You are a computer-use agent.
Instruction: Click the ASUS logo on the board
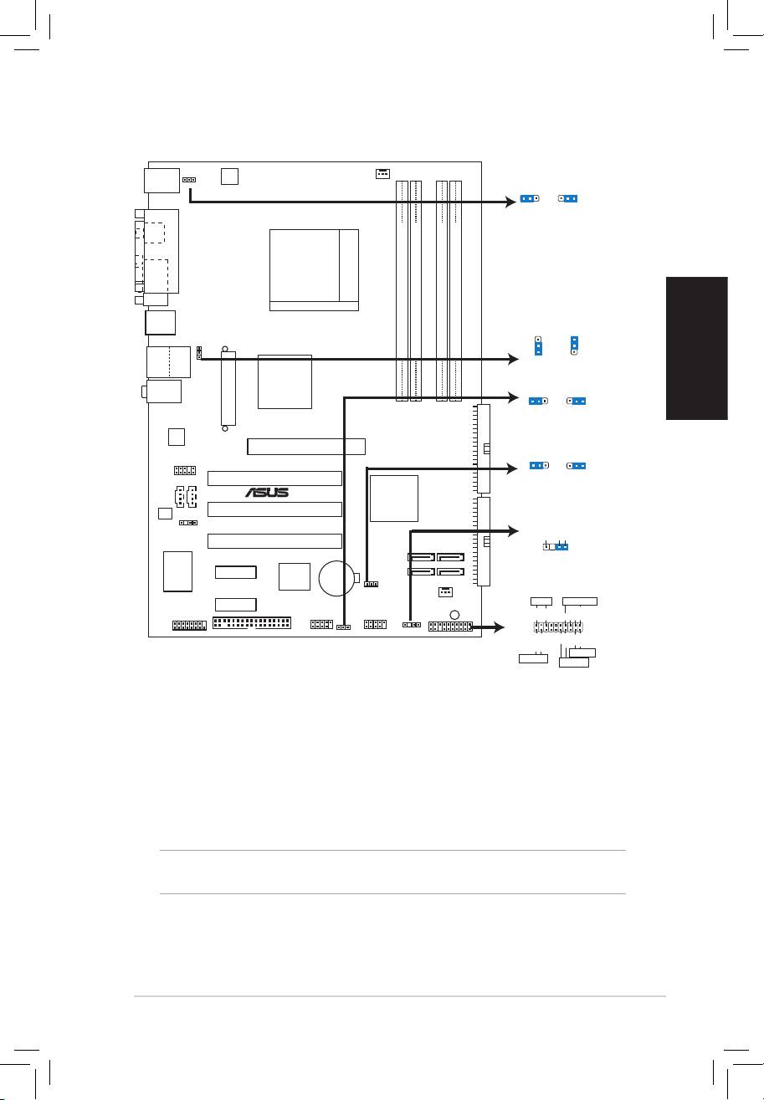tap(267, 492)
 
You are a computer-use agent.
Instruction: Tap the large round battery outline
tap(336, 578)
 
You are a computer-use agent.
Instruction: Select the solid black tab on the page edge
tap(697, 348)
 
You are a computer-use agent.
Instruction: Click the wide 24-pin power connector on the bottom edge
tap(252, 622)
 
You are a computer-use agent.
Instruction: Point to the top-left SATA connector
tap(421, 557)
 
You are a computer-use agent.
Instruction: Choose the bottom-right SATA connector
tap(450, 571)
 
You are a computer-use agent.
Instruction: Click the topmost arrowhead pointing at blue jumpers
tap(511, 202)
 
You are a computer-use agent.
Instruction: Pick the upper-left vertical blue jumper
tap(539, 345)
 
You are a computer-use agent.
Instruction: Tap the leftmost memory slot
tap(402, 291)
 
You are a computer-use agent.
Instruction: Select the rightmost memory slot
tap(455, 291)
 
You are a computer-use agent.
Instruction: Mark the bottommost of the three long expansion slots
tap(274, 540)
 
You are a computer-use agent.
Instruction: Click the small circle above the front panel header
tap(454, 614)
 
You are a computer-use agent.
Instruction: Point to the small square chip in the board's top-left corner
tap(229, 177)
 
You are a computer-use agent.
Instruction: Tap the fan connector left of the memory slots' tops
tap(382, 173)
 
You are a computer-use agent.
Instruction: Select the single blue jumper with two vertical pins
tap(561, 546)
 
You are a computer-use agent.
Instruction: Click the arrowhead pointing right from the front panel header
tap(499, 627)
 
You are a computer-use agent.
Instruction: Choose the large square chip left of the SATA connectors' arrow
tap(393, 499)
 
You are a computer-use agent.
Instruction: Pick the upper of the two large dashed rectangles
tap(153, 233)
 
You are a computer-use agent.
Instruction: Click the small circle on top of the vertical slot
tap(225, 349)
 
